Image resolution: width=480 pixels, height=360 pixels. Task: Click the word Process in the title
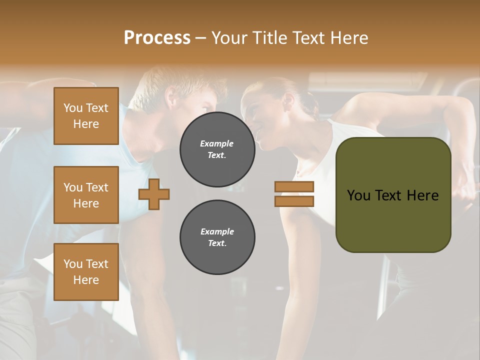click(x=157, y=38)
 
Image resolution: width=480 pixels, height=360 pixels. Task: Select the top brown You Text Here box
click(x=86, y=116)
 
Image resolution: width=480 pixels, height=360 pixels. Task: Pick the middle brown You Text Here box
click(x=86, y=195)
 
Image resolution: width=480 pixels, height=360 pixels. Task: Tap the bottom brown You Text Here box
click(x=86, y=271)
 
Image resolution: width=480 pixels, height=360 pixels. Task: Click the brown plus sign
click(x=154, y=194)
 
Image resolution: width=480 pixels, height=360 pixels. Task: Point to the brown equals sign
click(x=294, y=194)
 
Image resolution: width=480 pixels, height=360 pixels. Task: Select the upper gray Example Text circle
click(x=217, y=149)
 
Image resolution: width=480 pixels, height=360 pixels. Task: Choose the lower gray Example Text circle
click(x=217, y=237)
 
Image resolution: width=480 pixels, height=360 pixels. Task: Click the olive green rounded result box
click(x=393, y=195)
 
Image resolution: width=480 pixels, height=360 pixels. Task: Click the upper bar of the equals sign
click(x=294, y=187)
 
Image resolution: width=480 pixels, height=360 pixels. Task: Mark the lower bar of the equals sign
click(x=294, y=201)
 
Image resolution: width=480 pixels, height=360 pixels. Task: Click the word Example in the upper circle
click(x=217, y=143)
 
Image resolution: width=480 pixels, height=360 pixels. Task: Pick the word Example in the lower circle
click(x=217, y=231)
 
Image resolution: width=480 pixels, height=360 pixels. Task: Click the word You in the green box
click(x=358, y=195)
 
